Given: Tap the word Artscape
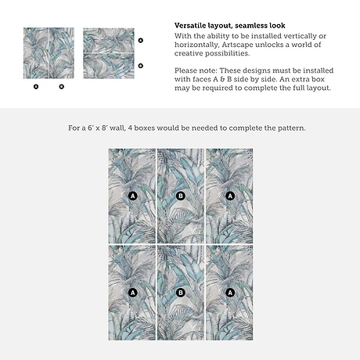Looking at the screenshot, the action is pyautogui.click(x=237, y=45).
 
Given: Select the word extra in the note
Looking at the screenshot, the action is pyautogui.click(x=301, y=79).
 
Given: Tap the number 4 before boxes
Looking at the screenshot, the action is pyautogui.click(x=130, y=128).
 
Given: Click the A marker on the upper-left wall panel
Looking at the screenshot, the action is pyautogui.click(x=133, y=196).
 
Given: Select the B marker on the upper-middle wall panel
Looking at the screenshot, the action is pyautogui.click(x=181, y=196).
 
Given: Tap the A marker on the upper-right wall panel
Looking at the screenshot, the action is pyautogui.click(x=230, y=196).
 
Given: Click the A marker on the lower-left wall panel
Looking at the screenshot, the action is pyautogui.click(x=133, y=293).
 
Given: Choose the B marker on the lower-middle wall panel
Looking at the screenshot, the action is pyautogui.click(x=181, y=293).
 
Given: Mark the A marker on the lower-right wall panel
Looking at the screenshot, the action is pyautogui.click(x=230, y=293).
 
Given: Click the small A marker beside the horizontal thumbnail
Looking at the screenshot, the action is pyautogui.click(x=141, y=40).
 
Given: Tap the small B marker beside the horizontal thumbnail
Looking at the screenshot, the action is pyautogui.click(x=141, y=66).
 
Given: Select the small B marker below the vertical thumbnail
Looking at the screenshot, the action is pyautogui.click(x=62, y=86).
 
